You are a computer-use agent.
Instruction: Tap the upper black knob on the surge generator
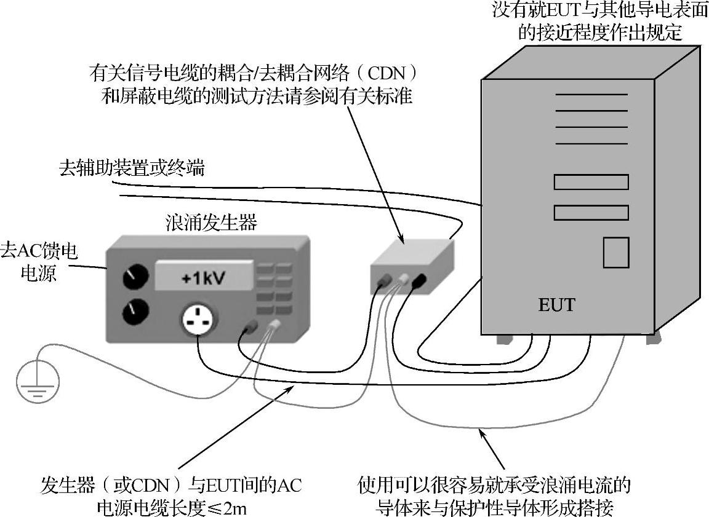pos(132,278)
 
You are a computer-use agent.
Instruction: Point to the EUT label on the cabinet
pos(556,304)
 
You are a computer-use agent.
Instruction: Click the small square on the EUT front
pos(615,252)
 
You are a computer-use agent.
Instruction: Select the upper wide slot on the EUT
pos(591,182)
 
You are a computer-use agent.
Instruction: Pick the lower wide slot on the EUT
pos(591,213)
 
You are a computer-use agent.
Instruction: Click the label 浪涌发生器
pos(211,223)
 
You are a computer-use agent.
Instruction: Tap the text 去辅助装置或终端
pos(131,168)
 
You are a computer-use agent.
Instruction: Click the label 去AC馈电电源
pos(41,261)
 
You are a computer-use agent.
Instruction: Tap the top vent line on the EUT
pos(591,95)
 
